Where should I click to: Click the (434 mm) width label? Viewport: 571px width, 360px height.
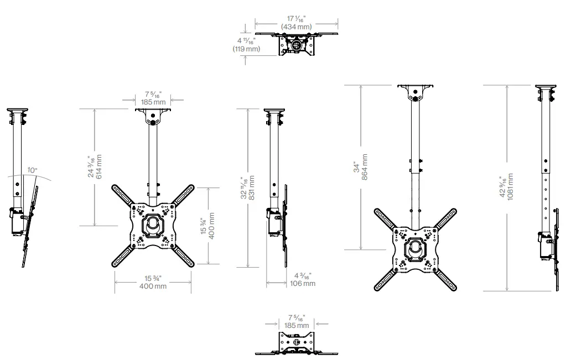[x=296, y=27]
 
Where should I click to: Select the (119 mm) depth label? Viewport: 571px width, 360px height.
[x=246, y=49]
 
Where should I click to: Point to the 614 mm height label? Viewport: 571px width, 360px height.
[x=99, y=166]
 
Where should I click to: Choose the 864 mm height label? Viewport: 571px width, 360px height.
[x=365, y=166]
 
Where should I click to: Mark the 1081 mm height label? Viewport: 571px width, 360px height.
[x=511, y=187]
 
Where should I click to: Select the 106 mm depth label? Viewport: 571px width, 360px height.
[x=303, y=283]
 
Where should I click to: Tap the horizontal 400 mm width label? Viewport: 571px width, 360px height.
[x=153, y=286]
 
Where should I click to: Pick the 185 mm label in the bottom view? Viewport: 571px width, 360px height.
[x=297, y=326]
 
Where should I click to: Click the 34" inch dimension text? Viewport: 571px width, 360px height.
[x=357, y=167]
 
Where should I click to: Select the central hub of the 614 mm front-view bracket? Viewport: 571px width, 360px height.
[x=153, y=226]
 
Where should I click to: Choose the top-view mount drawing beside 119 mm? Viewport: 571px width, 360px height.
[x=297, y=44]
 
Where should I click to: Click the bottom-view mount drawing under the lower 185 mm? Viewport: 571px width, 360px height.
[x=297, y=344]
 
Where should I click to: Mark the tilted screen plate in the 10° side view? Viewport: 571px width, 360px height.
[x=29, y=227]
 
